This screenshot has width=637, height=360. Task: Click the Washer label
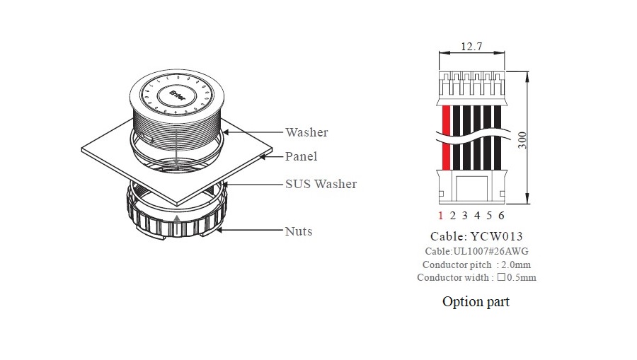pos(306,132)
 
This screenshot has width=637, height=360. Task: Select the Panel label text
pos(301,156)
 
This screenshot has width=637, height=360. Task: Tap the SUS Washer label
pos(321,184)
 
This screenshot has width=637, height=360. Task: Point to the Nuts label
pos(298,231)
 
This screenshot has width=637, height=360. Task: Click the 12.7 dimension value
pos(471,47)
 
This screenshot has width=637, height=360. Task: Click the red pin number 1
pos(440,216)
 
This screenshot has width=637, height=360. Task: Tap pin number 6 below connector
pos(501,216)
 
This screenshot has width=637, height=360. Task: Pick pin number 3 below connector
pos(465,216)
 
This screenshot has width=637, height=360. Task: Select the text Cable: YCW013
pos(476,237)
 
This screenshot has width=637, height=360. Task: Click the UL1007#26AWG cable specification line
pos(476,251)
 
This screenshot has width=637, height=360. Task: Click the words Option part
pos(476,302)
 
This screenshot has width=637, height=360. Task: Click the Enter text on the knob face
pos(177,94)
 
